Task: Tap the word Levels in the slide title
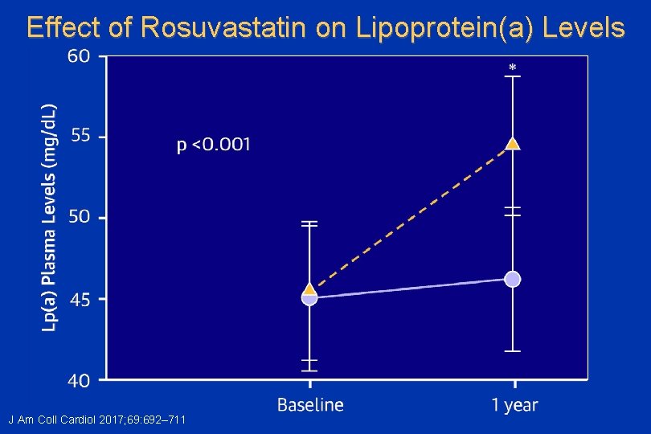581,28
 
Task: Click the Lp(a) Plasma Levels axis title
50,217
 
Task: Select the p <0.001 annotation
213,145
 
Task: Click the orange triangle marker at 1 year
513,144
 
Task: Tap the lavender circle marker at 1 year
513,279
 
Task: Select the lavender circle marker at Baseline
309,297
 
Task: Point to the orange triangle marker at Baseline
309,289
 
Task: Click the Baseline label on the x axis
310,405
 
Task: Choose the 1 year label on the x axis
514,405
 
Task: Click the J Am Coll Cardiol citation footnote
97,420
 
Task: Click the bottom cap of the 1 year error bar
513,351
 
